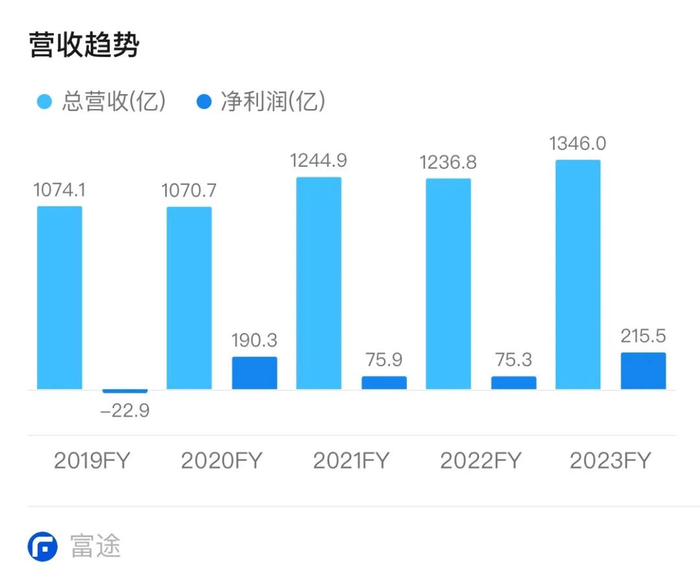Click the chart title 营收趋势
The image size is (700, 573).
tap(84, 45)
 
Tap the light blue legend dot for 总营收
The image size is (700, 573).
tap(44, 103)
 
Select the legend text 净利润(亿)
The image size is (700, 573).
tap(272, 102)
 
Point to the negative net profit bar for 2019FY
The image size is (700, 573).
tap(125, 391)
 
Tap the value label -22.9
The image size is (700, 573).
tap(125, 411)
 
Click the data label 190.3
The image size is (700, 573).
tap(255, 341)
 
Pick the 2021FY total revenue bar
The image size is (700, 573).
tap(319, 283)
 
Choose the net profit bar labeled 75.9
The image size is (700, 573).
tap(384, 383)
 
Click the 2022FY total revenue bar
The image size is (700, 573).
tap(449, 284)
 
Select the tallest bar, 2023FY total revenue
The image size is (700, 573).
tap(578, 274)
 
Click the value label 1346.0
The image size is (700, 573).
tap(578, 143)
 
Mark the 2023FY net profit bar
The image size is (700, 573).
tap(644, 371)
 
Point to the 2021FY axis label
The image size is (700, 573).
tap(351, 461)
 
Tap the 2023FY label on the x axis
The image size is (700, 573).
tap(611, 461)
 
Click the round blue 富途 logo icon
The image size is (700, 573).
tap(43, 546)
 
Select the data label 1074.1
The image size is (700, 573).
tap(60, 190)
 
